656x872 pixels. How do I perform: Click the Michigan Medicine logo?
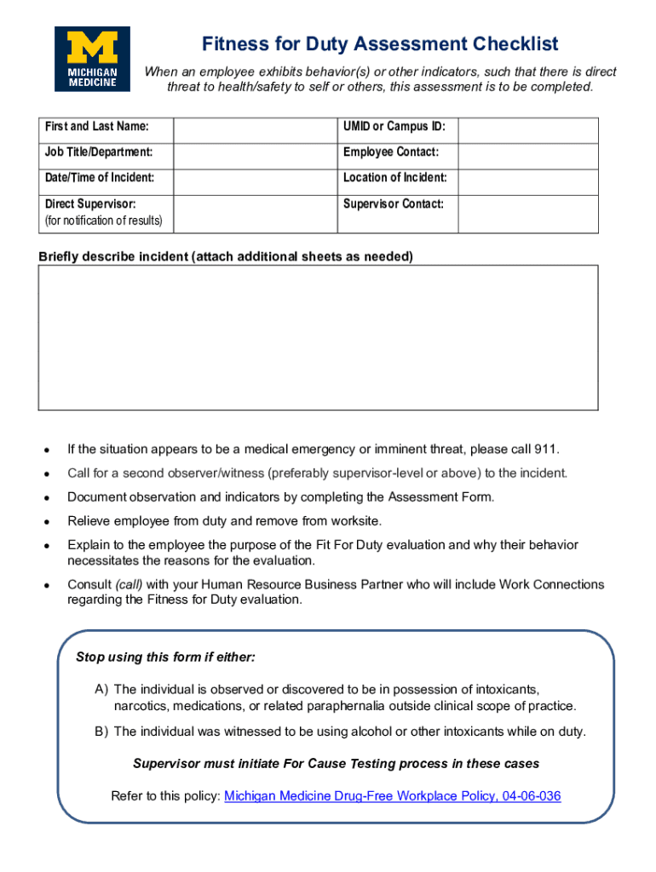coord(92,59)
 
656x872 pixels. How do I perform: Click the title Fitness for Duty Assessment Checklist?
coord(380,43)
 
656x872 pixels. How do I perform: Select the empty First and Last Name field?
coord(255,129)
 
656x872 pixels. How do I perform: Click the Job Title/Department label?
coord(99,152)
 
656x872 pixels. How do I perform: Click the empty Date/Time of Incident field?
coord(255,181)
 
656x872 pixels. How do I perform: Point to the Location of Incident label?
coord(394,178)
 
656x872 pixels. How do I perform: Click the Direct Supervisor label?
coord(90,204)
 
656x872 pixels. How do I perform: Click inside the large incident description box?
coord(318,337)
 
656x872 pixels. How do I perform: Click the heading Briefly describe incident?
coord(226,256)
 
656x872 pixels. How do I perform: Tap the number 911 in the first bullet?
coord(545,449)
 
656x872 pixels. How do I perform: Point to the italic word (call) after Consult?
coord(129,585)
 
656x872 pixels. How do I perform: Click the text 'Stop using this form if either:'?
coord(165,657)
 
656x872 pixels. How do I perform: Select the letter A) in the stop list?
coord(101,689)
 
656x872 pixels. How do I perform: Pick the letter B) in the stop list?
coord(101,731)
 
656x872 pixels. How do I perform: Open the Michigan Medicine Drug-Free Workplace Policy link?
coord(392,796)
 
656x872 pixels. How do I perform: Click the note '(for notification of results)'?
coord(103,221)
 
